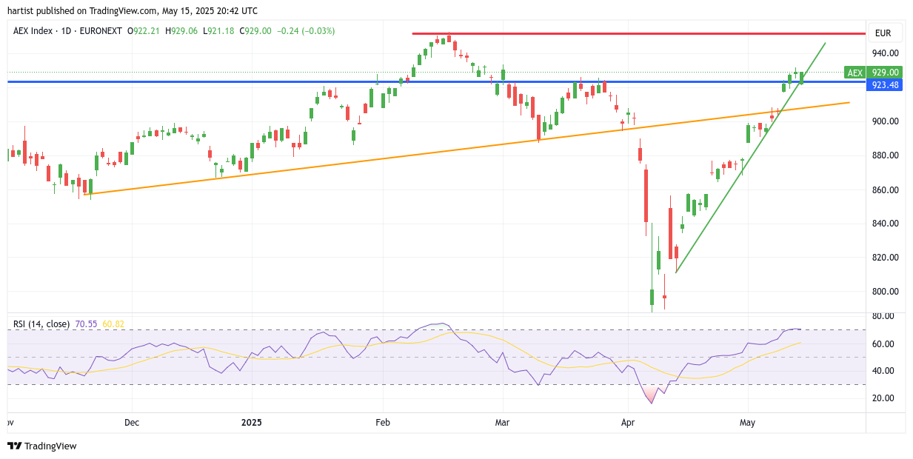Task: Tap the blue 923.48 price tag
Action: (884, 85)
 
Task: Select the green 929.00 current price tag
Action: (884, 73)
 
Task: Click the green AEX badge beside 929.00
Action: (855, 73)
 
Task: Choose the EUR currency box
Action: (883, 33)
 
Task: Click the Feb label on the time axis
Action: (383, 423)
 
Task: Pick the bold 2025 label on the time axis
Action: (252, 423)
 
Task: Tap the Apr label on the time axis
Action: (628, 423)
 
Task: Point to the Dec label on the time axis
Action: (132, 423)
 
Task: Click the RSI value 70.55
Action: (86, 324)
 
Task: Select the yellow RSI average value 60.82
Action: (113, 324)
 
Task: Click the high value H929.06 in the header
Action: (181, 31)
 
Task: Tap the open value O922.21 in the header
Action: (144, 31)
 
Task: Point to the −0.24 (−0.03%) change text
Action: (306, 31)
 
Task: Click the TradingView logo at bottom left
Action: (42, 446)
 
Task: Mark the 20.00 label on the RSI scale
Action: (883, 398)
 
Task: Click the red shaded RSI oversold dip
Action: (651, 393)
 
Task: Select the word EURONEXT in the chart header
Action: (101, 31)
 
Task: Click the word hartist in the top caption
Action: (21, 11)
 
